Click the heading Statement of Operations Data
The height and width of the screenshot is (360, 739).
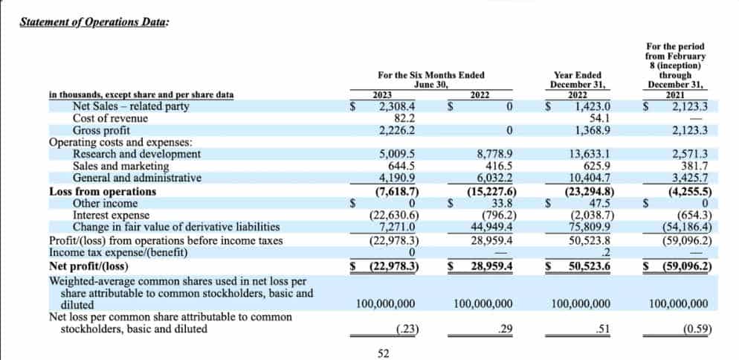pos(94,22)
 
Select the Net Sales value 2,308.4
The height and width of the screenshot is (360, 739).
pos(397,106)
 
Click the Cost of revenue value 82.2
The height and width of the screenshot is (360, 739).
pos(404,118)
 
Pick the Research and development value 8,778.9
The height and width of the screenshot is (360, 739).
pos(494,154)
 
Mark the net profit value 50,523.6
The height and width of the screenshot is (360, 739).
pos(590,266)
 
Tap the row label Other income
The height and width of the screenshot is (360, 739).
pos(105,203)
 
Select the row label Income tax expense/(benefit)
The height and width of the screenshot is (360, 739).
pos(118,253)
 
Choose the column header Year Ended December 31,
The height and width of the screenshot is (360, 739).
pos(578,80)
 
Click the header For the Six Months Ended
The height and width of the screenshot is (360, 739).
pos(430,75)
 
